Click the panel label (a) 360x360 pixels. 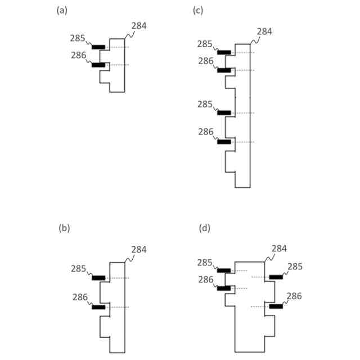(62, 10)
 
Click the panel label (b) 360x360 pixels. (64, 228)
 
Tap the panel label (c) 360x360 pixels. (197, 10)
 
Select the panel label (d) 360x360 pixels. (205, 228)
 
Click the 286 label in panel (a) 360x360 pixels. (79, 55)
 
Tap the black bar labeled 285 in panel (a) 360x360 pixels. (98, 47)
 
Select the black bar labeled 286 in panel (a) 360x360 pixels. (98, 65)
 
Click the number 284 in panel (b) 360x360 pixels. (139, 249)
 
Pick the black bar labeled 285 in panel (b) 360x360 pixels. (98, 278)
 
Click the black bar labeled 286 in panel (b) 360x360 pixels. (98, 307)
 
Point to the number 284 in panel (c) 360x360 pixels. (264, 31)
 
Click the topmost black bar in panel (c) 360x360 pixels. (224, 52)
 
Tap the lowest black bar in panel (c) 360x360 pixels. (224, 142)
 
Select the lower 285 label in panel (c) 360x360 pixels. (206, 104)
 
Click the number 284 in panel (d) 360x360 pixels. (280, 248)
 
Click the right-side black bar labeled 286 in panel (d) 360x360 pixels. (276, 307)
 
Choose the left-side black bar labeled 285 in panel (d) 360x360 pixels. (223, 271)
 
